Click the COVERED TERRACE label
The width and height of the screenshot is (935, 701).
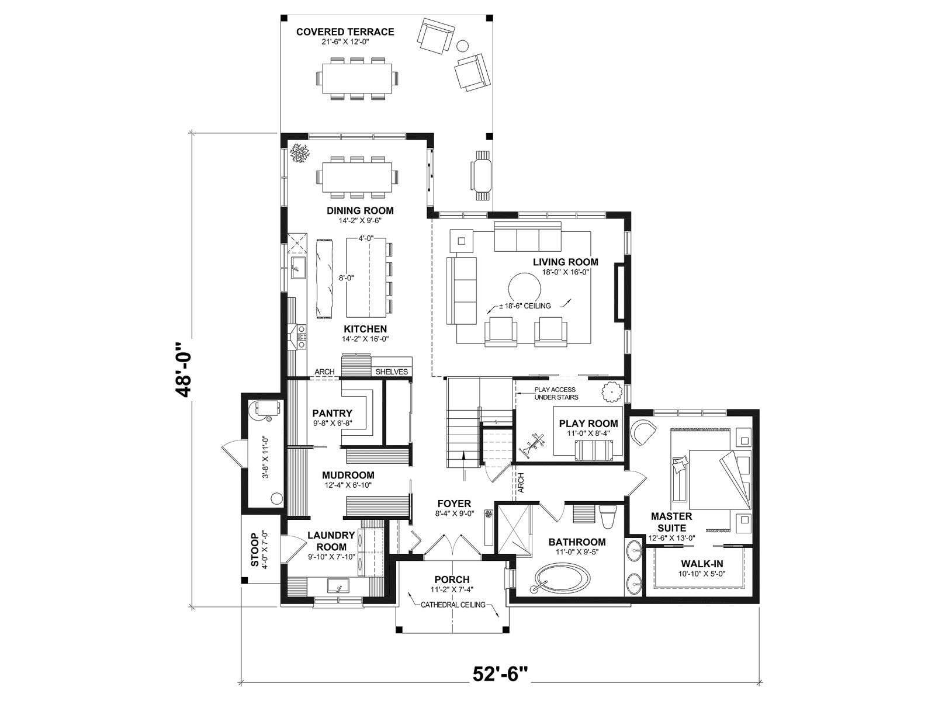pyautogui.click(x=345, y=32)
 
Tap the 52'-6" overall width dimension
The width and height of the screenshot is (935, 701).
pyautogui.click(x=500, y=674)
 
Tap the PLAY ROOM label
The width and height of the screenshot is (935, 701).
pyautogui.click(x=588, y=424)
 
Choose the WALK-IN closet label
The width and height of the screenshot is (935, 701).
pyautogui.click(x=702, y=564)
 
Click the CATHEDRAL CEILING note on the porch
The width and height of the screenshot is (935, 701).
pyautogui.click(x=453, y=605)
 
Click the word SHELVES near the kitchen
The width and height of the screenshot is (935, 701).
pyautogui.click(x=392, y=372)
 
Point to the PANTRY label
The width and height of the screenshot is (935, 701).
pyautogui.click(x=333, y=413)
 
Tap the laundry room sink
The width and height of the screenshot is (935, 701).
pyautogui.click(x=338, y=586)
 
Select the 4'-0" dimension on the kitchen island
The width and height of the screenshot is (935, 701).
pyautogui.click(x=365, y=238)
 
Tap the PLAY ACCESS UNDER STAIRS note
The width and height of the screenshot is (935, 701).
pyautogui.click(x=556, y=393)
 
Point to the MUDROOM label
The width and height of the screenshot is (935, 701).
pyautogui.click(x=348, y=475)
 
